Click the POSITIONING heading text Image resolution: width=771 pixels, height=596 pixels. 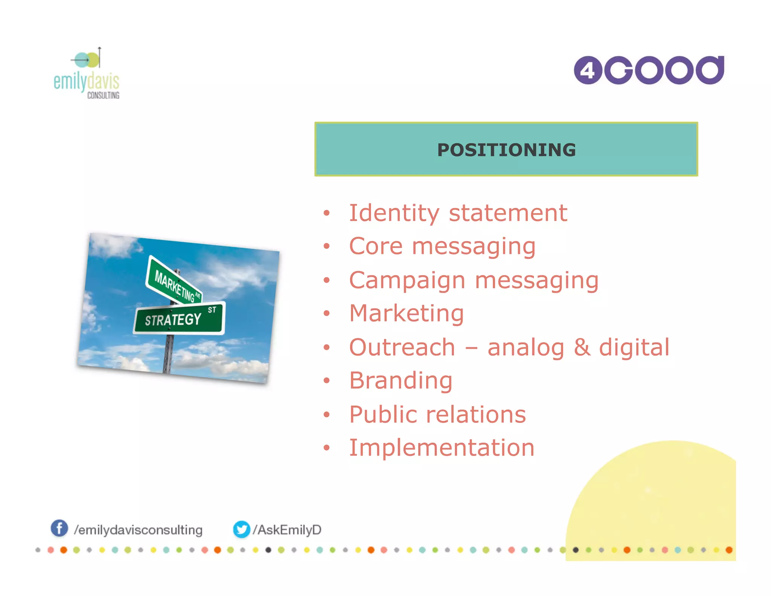coord(506,150)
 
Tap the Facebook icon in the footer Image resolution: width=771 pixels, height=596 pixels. coord(59,528)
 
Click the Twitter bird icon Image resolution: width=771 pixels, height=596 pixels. coord(241,529)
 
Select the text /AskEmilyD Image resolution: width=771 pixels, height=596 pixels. coord(287,530)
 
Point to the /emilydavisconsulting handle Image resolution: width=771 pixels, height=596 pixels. coord(138,530)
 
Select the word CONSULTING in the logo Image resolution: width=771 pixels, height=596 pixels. coord(103,95)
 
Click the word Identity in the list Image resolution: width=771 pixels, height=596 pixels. coord(394,213)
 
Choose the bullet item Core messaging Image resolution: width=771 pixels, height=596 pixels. coord(442,246)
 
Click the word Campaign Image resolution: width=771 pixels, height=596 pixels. coord(407,281)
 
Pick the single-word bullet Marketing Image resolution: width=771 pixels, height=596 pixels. coord(407,313)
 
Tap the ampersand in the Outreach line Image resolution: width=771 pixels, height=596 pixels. coord(582,347)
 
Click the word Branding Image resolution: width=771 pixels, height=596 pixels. coord(401,381)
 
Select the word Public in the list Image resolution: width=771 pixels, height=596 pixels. coord(382,414)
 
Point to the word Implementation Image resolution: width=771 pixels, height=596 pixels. coord(442,448)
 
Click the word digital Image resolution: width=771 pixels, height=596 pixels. coord(634,347)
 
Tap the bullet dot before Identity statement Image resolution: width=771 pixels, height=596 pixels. coord(326,214)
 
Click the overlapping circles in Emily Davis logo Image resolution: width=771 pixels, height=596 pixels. coord(87,60)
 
